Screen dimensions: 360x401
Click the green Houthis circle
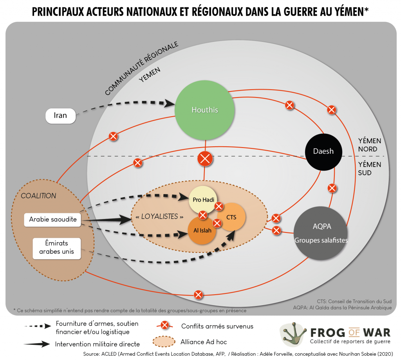click(205, 110)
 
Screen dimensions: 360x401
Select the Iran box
click(60, 116)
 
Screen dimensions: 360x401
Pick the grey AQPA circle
click(321, 233)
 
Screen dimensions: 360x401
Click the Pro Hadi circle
click(203, 200)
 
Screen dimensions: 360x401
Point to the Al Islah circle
click(202, 230)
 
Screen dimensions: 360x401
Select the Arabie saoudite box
click(52, 220)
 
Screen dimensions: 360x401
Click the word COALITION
click(38, 196)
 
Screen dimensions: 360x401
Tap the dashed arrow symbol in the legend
click(37, 326)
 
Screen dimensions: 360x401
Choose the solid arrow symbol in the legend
click(37, 344)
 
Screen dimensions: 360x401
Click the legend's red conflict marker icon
click(165, 325)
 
